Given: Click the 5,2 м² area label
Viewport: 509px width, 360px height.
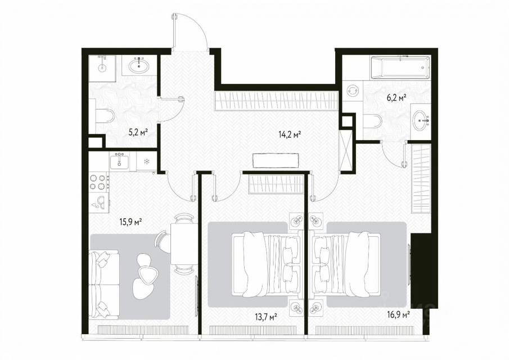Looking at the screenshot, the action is (138, 132).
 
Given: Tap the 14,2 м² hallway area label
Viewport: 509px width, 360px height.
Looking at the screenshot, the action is (290, 134).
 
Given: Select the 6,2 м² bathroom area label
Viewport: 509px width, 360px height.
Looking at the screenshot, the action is (397, 98).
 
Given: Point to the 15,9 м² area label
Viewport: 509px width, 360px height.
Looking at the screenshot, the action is (132, 222).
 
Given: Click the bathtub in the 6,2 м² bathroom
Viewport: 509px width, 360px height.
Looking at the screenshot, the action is (400, 67).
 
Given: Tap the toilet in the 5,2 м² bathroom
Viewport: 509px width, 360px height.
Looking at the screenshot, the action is (105, 116).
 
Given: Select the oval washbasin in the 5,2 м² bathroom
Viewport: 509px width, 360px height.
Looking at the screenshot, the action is (139, 65).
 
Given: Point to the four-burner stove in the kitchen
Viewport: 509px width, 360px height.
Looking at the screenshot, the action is (99, 182).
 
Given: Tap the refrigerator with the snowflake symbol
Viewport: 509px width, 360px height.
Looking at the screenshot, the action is (147, 161).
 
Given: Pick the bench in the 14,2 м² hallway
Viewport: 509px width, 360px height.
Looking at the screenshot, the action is (276, 160).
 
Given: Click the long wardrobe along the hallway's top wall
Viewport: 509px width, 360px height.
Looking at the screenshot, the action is (276, 101).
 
